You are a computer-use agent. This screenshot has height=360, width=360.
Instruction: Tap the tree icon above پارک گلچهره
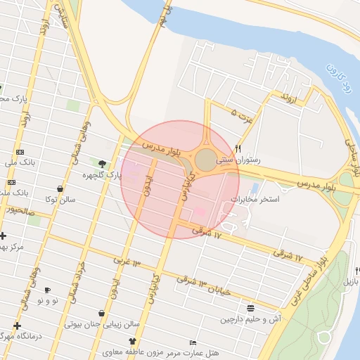pos(102,164)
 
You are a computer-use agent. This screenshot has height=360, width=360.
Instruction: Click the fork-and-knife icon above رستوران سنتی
pos(239,149)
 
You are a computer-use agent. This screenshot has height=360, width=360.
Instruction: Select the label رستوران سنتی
pos(238,160)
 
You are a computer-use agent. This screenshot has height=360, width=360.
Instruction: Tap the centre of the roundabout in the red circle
pos(206,161)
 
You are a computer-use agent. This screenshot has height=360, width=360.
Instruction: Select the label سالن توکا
pos(61,199)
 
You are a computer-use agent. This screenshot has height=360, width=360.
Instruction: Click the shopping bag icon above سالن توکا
pos(61,188)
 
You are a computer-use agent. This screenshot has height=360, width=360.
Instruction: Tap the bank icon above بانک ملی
pos(20,152)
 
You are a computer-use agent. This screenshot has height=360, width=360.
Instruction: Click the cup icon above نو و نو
pos(47,290)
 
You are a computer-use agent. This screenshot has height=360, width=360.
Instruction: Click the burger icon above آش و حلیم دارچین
pos(251,308)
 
